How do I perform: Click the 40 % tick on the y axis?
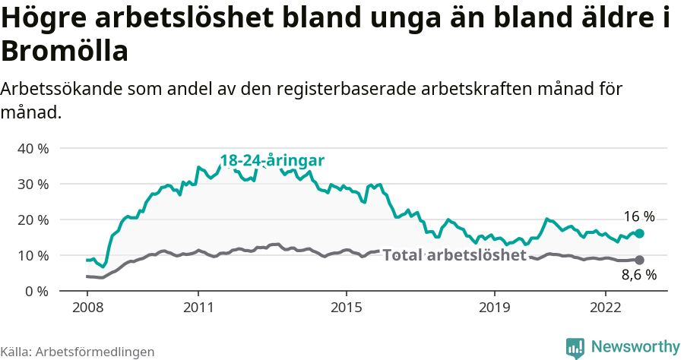(33, 148)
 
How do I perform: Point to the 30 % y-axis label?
(33, 184)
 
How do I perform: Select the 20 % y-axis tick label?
(33, 219)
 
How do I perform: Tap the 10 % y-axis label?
(33, 255)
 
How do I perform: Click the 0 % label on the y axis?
(36, 291)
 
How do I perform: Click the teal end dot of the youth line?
(639, 234)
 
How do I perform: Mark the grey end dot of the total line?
(639, 261)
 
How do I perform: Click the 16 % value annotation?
(639, 216)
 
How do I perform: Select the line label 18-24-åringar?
(272, 161)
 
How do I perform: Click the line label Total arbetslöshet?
(454, 255)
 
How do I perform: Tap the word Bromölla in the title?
(64, 52)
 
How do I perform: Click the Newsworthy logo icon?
(575, 347)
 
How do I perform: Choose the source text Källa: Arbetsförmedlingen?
(78, 352)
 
